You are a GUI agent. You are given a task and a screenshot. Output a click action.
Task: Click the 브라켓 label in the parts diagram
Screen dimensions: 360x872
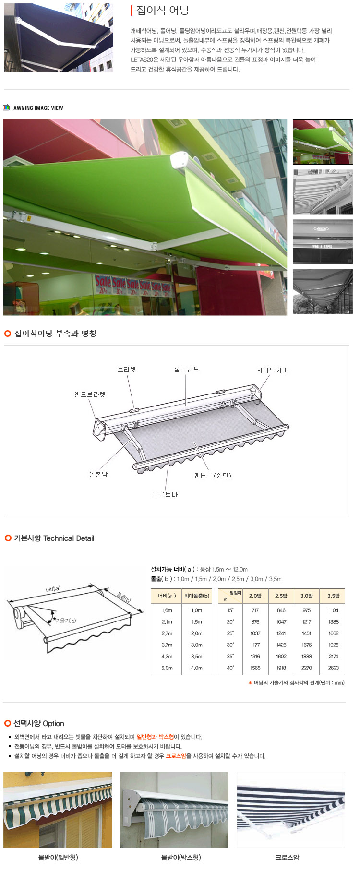127,370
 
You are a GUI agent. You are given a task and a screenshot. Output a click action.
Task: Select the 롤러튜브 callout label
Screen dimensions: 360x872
187,369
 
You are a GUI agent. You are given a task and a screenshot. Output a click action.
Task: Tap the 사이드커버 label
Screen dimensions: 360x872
273,370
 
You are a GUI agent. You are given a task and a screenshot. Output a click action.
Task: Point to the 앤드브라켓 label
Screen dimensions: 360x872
90,394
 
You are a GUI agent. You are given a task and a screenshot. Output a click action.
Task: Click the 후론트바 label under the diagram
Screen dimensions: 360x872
165,494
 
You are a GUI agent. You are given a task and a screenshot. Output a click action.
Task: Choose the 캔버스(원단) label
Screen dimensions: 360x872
213,476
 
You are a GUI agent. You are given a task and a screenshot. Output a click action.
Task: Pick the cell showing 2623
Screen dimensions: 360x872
333,668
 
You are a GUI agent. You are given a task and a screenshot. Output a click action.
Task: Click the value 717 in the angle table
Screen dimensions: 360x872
255,610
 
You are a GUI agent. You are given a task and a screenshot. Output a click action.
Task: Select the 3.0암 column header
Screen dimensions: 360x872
307,596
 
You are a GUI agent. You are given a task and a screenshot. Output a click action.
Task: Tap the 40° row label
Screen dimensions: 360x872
230,668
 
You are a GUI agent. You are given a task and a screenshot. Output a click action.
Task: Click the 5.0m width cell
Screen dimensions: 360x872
167,668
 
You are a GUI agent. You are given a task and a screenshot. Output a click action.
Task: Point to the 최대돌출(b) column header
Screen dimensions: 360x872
197,596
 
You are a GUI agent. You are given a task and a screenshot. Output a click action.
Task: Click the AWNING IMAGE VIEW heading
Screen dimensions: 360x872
38,108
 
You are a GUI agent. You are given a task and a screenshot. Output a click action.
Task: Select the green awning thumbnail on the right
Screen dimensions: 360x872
323,142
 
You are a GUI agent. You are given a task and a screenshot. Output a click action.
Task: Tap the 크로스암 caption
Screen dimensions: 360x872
287,857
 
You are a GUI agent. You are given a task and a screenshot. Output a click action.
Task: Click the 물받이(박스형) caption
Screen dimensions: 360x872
181,857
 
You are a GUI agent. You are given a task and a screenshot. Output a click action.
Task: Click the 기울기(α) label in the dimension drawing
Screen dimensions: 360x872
66,621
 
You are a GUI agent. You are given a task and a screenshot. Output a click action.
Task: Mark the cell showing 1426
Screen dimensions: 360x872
281,645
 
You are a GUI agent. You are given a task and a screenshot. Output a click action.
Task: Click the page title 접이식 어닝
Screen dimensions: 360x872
163,10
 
